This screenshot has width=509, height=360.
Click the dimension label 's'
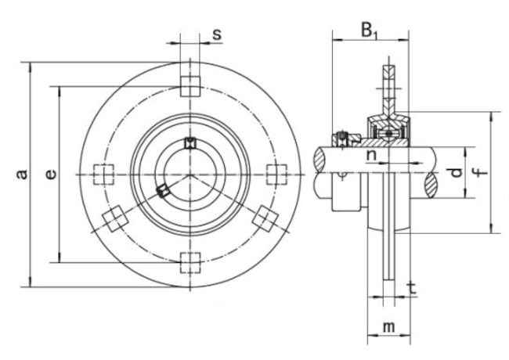click(x=217, y=34)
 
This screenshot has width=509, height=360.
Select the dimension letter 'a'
click(x=23, y=175)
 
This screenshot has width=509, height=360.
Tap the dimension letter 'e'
click(x=50, y=175)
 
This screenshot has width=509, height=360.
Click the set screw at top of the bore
click(x=189, y=143)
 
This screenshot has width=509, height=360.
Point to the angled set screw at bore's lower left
click(x=163, y=190)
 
